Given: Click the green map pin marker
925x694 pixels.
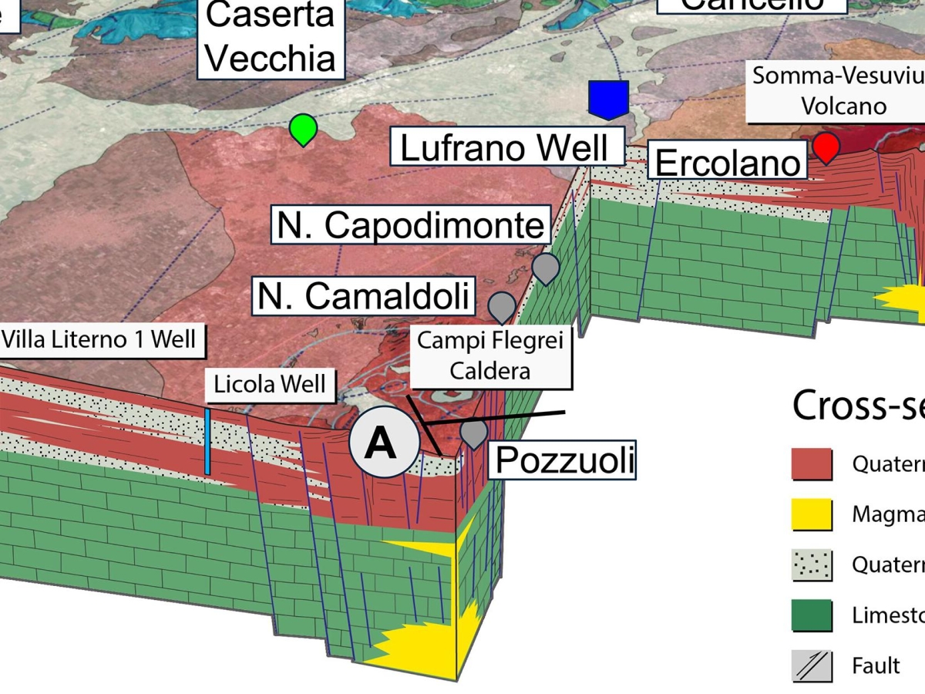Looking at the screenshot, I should [x=304, y=128].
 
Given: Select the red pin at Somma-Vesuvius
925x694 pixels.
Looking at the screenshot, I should [x=826, y=147].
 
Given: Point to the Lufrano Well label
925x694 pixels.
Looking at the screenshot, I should [x=507, y=147].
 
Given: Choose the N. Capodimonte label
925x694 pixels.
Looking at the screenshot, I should [x=412, y=224].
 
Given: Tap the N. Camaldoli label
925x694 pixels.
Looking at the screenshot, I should [x=364, y=296].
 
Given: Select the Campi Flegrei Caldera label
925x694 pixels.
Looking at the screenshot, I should [x=490, y=355].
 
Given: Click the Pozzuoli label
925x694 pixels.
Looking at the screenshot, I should [x=564, y=460].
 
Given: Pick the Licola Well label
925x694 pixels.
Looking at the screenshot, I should [x=270, y=384].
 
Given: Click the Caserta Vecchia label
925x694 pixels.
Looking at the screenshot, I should [x=271, y=39].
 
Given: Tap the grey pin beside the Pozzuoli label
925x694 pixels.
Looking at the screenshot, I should [x=473, y=433].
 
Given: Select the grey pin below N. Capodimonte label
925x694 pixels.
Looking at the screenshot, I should [x=546, y=268].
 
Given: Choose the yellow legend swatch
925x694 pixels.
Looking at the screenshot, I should [x=812, y=514].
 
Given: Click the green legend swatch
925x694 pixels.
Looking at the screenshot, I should [x=812, y=615].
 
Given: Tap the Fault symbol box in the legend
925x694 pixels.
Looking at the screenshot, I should [x=812, y=665].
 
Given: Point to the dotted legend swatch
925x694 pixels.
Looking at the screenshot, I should [x=812, y=565].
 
